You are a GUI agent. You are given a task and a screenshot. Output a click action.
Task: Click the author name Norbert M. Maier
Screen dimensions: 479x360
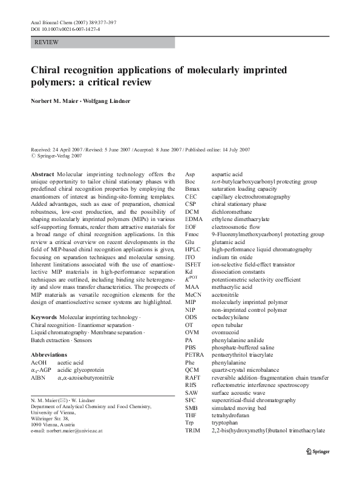click(x=55, y=100)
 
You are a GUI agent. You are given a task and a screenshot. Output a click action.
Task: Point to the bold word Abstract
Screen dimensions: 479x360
click(x=42, y=174)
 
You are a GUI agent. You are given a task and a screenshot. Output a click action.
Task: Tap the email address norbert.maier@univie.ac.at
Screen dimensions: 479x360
click(x=74, y=431)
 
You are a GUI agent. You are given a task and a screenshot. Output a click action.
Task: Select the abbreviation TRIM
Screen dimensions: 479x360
click(x=193, y=431)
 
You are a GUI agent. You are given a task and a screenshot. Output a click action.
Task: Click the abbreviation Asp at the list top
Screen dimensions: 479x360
click(x=190, y=173)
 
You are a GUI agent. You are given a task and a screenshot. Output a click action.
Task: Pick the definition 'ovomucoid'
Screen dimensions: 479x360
click(x=225, y=332)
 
